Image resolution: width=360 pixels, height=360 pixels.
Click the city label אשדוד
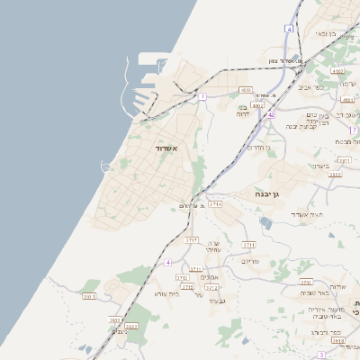point(167,148)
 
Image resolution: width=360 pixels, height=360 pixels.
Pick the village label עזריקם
point(250,261)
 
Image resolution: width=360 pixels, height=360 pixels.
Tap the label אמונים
point(210,277)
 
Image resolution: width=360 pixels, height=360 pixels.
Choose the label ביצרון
point(320,166)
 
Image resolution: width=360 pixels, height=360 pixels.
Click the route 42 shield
point(270,114)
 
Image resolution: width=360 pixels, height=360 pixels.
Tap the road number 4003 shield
point(246,90)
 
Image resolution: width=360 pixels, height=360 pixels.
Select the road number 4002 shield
point(257,105)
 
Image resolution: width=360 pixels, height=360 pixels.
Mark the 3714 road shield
point(214,204)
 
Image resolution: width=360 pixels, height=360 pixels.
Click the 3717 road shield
point(192,240)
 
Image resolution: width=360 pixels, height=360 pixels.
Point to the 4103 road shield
point(337,70)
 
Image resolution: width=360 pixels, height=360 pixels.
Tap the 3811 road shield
point(344,160)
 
